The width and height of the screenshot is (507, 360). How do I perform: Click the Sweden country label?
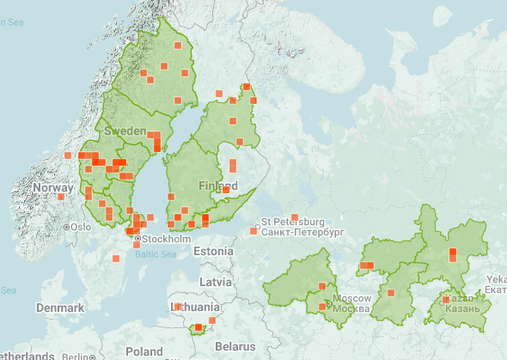pyautogui.click(x=125, y=131)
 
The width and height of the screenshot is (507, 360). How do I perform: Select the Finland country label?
pyautogui.click(x=218, y=186)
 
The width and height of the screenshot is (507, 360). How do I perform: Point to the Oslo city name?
pyautogui.click(x=81, y=227)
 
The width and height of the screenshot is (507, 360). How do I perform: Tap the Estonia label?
pyautogui.click(x=214, y=251)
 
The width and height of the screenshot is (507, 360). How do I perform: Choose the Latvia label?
pyautogui.click(x=215, y=282)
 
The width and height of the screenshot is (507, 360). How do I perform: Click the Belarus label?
pyautogui.click(x=235, y=345)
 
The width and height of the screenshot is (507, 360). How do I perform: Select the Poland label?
pyautogui.click(x=144, y=351)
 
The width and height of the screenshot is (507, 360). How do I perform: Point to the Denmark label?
pyautogui.click(x=60, y=308)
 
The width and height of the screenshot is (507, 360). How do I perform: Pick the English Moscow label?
pyautogui.click(x=351, y=298)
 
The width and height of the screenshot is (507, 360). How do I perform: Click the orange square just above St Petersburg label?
pyautogui.click(x=294, y=217)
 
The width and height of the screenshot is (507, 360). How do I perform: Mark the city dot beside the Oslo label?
pyautogui.click(x=67, y=227)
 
